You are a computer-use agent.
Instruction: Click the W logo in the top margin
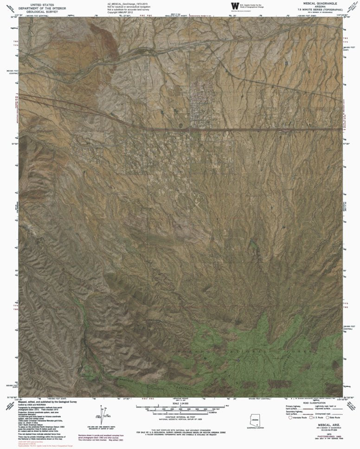coord(233,6)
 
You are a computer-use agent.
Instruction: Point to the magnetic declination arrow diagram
coord(102,414)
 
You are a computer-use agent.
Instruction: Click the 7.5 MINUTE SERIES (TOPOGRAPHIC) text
coord(321,9)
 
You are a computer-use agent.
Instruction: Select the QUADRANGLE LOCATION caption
coord(252,429)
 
